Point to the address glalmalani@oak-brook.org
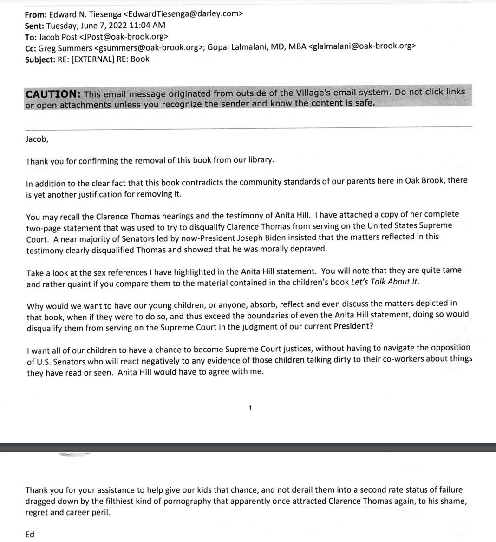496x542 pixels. pyautogui.click(x=362, y=47)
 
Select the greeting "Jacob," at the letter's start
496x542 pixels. pyautogui.click(x=37, y=139)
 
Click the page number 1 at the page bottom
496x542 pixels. pyautogui.click(x=250, y=408)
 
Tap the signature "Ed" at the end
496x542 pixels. pyautogui.click(x=30, y=534)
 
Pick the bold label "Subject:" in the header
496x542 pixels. pyautogui.click(x=40, y=59)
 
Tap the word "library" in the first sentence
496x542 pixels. pyautogui.click(x=260, y=160)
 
